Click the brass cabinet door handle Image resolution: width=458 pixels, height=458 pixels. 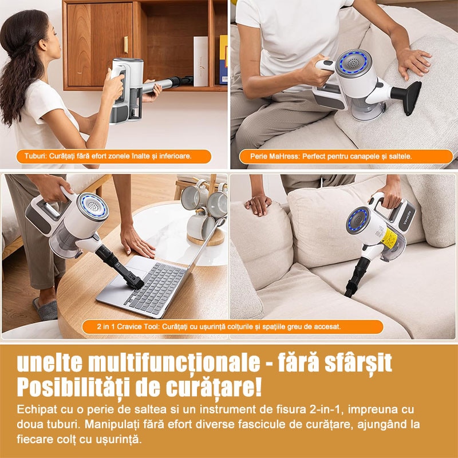(126, 45)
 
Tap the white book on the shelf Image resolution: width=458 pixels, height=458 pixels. (201, 61)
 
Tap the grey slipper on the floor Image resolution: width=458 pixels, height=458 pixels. (46, 309)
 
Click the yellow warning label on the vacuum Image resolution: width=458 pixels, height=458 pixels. (390, 238)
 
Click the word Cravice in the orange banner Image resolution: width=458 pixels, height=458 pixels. (128, 326)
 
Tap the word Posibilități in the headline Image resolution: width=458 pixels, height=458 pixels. (74, 388)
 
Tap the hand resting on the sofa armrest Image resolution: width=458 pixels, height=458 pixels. (258, 203)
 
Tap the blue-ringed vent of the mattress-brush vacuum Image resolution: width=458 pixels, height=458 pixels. (353, 64)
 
